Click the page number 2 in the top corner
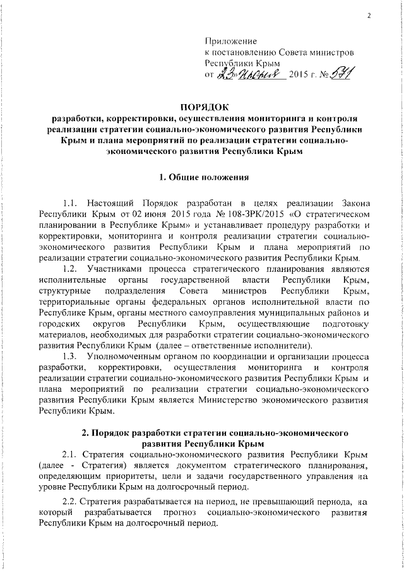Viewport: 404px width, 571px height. pos(367,16)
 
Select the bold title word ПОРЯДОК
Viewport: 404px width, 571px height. pos(202,105)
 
